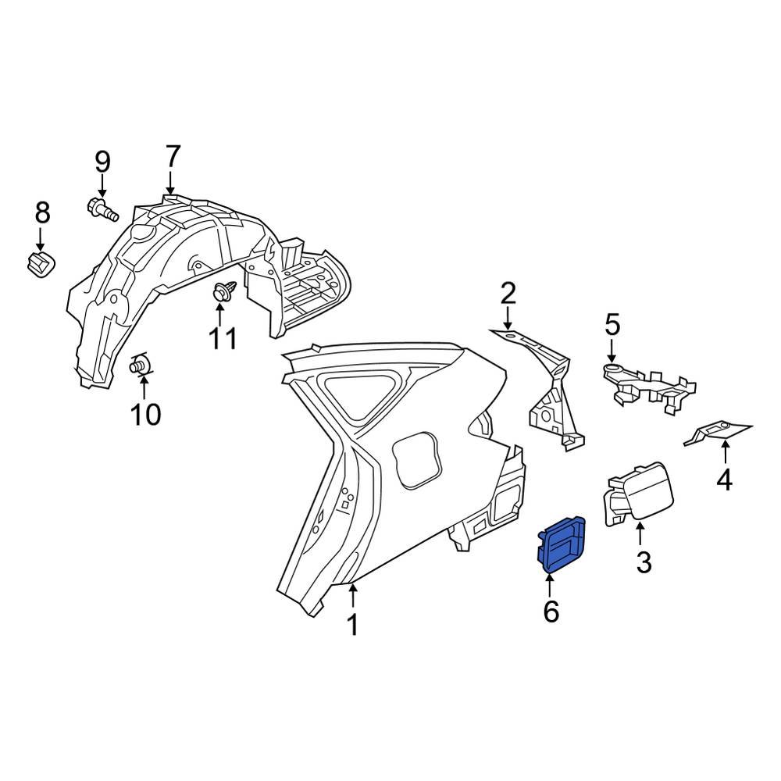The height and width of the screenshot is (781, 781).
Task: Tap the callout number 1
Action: tap(352, 624)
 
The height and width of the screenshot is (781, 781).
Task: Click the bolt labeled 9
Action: tap(102, 209)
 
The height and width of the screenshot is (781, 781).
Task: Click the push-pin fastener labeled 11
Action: tap(220, 293)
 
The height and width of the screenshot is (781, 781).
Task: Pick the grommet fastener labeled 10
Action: tap(141, 363)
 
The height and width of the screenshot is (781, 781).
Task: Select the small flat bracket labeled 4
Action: tap(717, 430)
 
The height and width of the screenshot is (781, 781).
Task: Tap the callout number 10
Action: tap(146, 414)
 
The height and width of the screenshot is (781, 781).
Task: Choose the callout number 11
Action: tap(221, 339)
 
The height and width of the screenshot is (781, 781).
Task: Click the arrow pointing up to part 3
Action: tap(640, 534)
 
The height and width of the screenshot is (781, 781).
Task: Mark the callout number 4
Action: tap(724, 479)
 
